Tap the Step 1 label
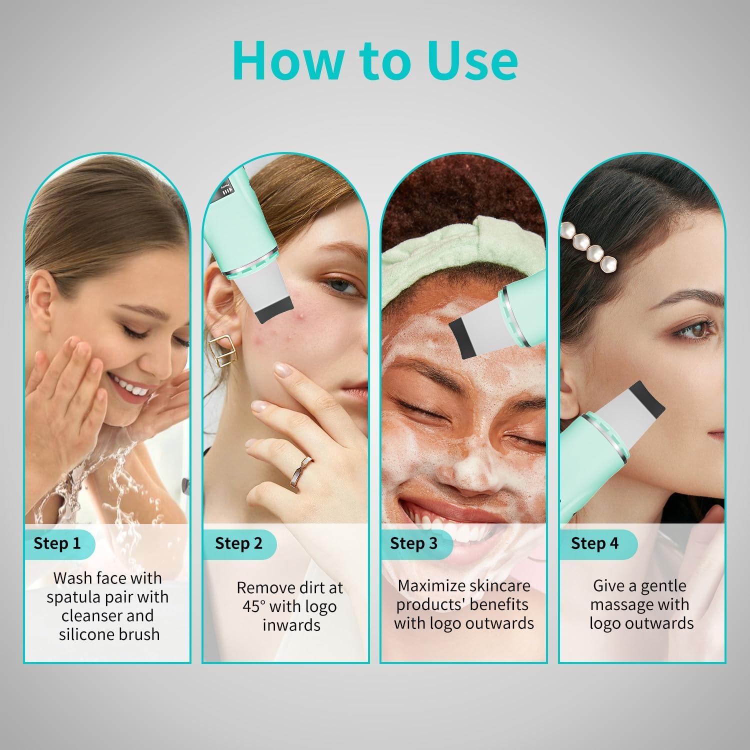pos(57,543)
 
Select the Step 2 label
pos(238,543)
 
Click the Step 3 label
pos(413,543)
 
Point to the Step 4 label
pos(594,543)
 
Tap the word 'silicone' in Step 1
pos(84,634)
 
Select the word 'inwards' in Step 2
pos(291,625)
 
